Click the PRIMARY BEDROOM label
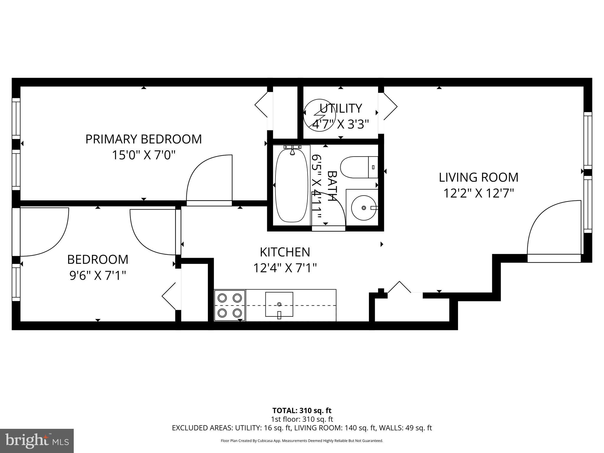143,139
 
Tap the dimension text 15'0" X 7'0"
143,155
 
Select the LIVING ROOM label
478,177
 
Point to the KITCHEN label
285,252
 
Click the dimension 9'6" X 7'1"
98,276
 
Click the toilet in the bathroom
359,167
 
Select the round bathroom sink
364,208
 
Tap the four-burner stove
230,305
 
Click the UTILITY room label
341,109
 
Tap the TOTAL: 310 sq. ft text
302,411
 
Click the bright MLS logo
37,441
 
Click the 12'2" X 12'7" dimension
478,193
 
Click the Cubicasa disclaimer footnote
302,441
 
